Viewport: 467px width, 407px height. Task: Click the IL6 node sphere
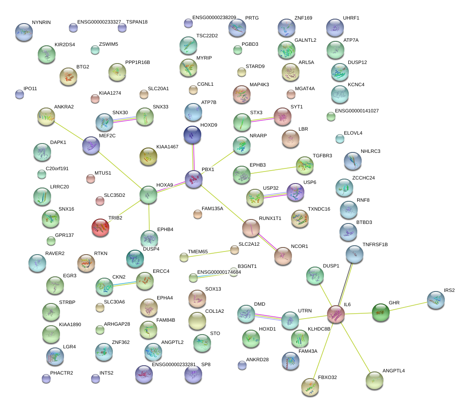coord(336,314)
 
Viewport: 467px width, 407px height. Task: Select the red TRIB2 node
coord(100,227)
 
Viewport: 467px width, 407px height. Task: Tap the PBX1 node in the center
coord(194,179)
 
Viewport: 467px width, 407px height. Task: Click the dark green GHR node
coord(380,312)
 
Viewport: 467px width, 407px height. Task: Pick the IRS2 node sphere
coord(435,300)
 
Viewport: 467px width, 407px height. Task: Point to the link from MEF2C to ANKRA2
coord(69,130)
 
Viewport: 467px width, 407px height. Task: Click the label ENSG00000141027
coord(356,111)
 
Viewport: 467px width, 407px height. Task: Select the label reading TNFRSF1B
coord(375,244)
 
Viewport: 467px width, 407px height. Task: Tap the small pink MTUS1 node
coord(91,179)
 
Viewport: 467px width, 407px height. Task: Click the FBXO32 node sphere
coord(310,387)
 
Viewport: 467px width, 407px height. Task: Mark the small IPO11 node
coord(20,94)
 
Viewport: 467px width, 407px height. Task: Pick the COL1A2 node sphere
coord(197,321)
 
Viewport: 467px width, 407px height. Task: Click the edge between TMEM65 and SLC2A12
coord(209,253)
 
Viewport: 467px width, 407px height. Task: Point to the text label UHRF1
coord(351,18)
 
